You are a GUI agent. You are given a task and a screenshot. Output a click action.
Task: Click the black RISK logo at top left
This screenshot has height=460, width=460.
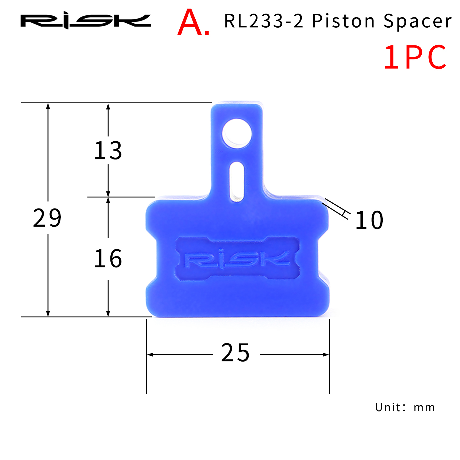pos(86,21)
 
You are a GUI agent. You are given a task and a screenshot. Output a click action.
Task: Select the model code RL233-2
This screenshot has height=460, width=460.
pos(264,21)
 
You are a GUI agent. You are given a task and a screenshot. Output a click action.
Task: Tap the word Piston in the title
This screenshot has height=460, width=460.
pos(343,21)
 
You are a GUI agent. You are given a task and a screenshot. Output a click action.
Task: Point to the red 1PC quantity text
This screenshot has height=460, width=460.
pos(415,57)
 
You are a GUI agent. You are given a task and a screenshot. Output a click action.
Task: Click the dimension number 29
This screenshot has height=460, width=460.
pos(47,218)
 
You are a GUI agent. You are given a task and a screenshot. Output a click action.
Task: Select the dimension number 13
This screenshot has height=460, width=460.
pos(108,151)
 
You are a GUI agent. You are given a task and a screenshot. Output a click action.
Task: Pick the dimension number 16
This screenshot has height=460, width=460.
pos(108,259)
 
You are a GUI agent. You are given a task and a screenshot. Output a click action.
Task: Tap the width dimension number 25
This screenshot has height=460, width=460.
pos(236,353)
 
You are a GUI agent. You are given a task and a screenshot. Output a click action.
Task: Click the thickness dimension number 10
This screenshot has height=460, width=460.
pos(369,220)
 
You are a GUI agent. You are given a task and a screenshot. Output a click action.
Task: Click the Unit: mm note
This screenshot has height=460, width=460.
pos(405,408)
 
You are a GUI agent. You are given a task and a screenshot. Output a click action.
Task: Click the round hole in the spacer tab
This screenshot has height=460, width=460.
pos(237,134)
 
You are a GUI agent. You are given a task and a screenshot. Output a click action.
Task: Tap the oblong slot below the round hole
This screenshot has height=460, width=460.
pos(237,182)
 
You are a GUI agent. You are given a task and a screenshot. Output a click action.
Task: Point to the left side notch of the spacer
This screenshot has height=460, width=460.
pos(152,258)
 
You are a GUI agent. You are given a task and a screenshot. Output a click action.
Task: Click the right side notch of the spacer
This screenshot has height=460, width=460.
pos(323,258)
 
